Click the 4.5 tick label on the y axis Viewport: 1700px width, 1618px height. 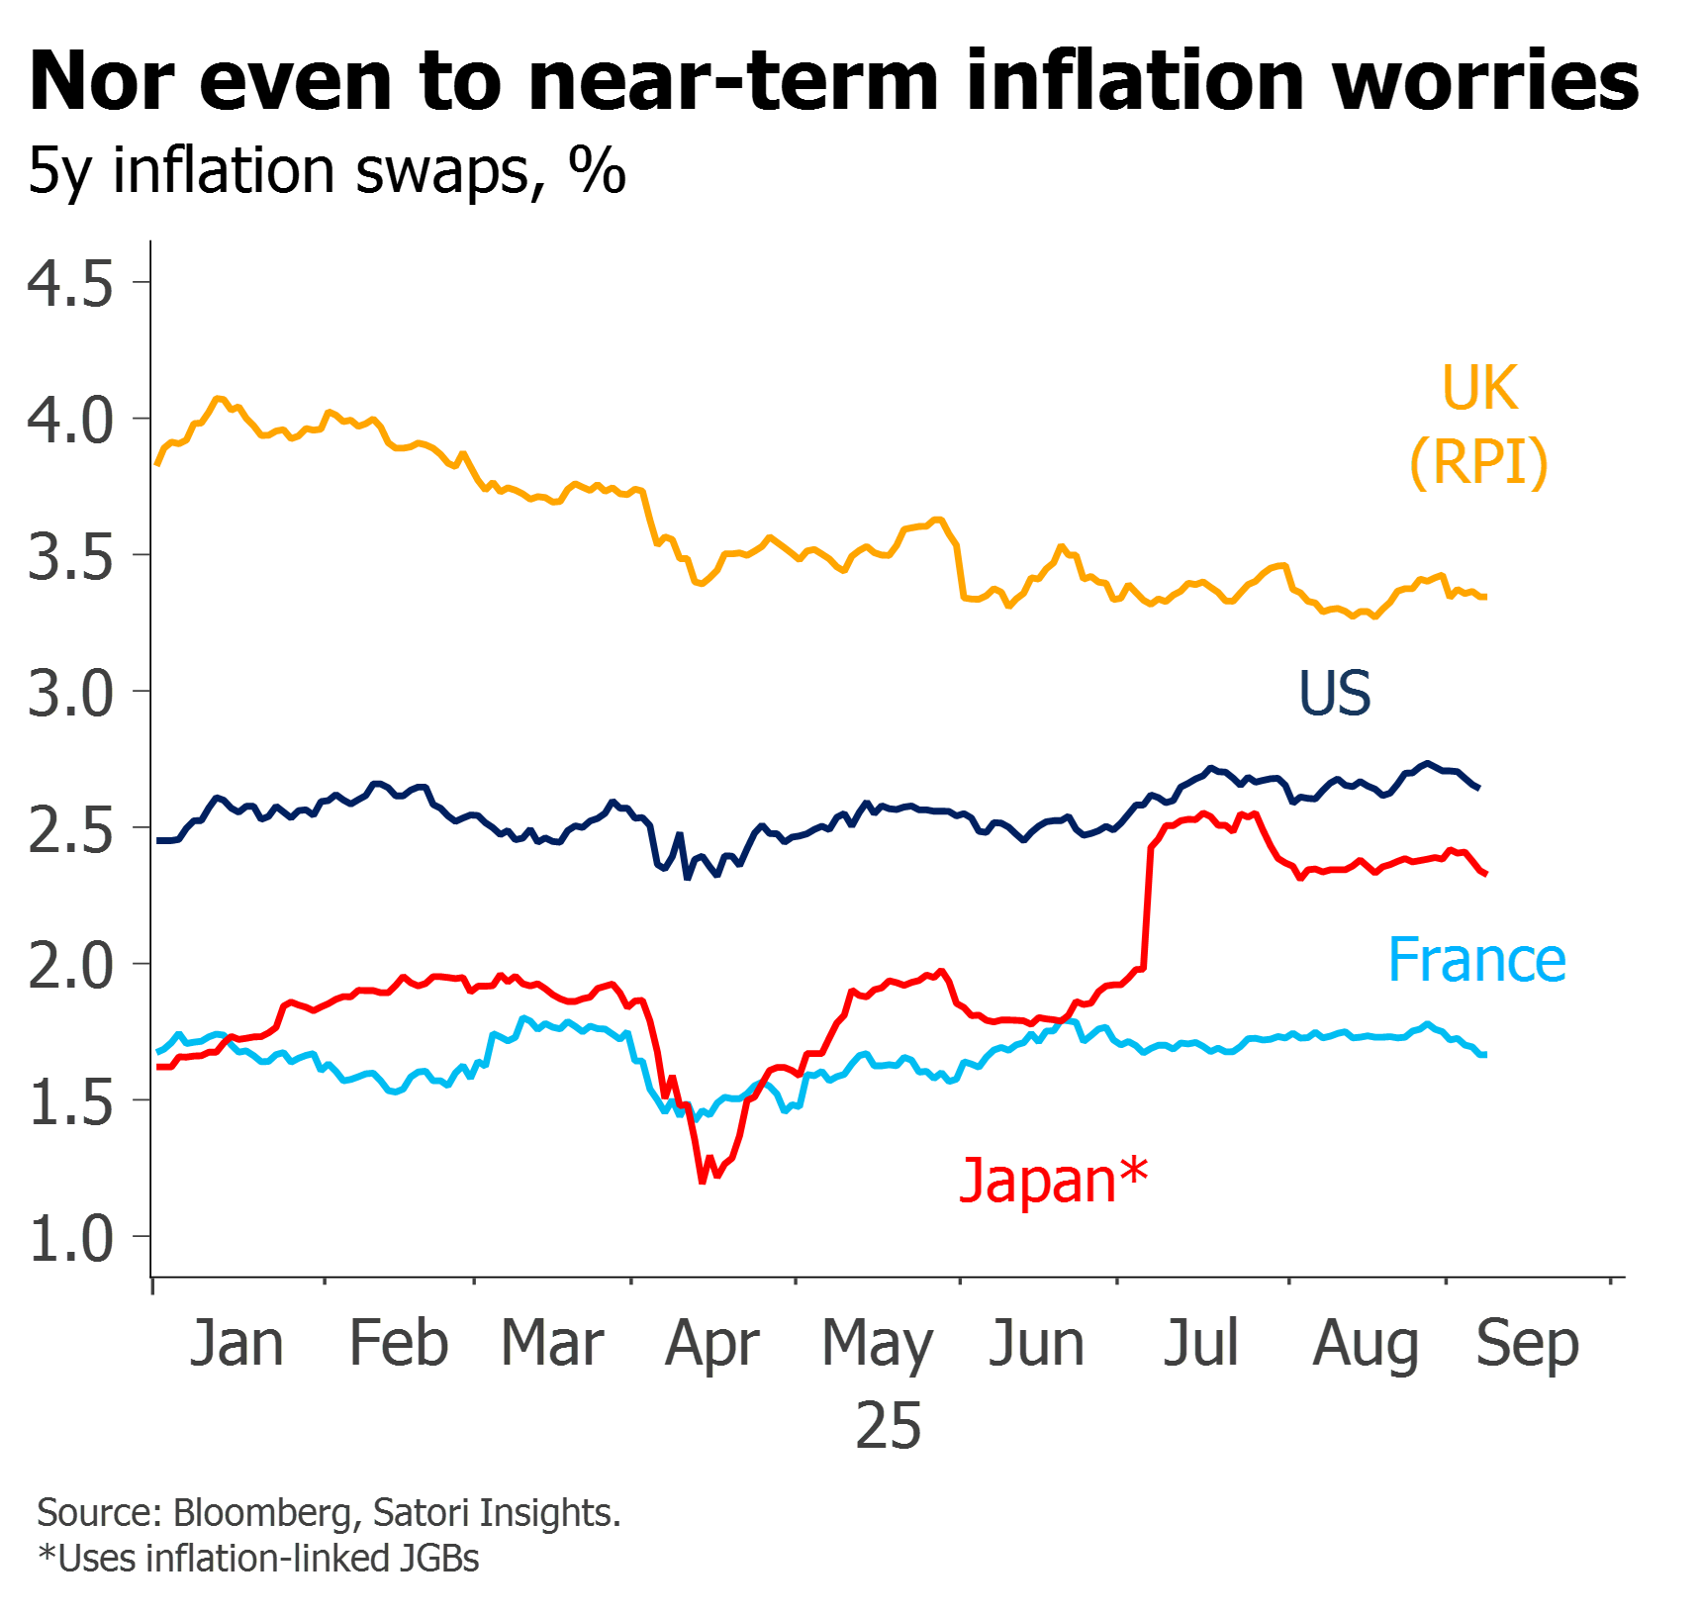click(x=70, y=284)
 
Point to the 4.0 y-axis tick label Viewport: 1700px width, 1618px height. click(x=70, y=421)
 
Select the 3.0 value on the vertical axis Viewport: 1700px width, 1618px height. click(x=70, y=693)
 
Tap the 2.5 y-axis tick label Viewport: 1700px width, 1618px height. click(x=70, y=829)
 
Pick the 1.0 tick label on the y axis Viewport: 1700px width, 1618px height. click(x=70, y=1239)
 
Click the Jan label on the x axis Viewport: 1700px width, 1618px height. click(x=236, y=1343)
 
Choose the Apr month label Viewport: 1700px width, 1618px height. click(x=712, y=1345)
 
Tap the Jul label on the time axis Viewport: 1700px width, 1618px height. click(x=1201, y=1343)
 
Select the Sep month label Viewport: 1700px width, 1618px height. click(x=1528, y=1345)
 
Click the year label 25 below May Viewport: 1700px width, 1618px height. click(x=889, y=1426)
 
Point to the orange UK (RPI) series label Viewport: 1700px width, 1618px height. click(x=1479, y=425)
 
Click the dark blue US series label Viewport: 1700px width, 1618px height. click(x=1335, y=693)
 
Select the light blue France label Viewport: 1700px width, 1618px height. click(x=1477, y=960)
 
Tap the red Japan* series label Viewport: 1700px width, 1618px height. click(x=1055, y=1180)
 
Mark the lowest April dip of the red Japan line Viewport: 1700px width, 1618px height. click(x=703, y=1181)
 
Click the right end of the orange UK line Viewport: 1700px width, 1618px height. click(x=1485, y=597)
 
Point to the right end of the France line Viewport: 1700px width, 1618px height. click(x=1484, y=1055)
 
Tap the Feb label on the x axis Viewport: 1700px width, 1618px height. click(x=399, y=1343)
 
